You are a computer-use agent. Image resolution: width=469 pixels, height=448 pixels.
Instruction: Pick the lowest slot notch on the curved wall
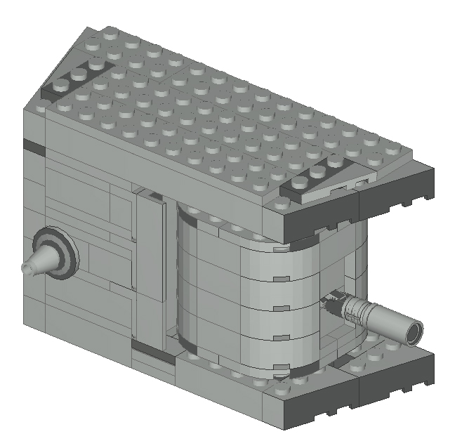[281, 364]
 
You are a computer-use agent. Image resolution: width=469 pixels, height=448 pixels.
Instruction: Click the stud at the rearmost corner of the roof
[110, 33]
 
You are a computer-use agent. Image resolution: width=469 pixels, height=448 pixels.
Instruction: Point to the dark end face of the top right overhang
[397, 193]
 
